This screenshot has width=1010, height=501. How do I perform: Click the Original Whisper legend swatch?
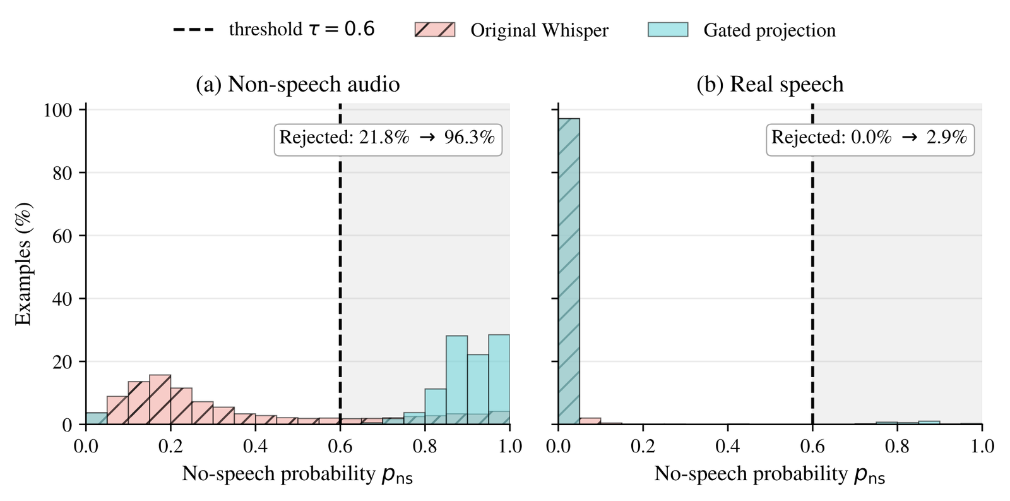point(435,30)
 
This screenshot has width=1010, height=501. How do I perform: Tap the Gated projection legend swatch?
point(668,30)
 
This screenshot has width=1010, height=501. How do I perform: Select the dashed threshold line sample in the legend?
point(193,30)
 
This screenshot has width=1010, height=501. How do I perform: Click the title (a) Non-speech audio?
point(297,84)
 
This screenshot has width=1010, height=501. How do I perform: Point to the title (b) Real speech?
point(769,84)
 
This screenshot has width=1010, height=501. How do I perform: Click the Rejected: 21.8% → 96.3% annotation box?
point(388,140)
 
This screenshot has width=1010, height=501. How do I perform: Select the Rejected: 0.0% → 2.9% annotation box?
point(870,140)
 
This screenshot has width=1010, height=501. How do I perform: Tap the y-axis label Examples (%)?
point(23,264)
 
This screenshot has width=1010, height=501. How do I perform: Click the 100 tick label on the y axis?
point(57,110)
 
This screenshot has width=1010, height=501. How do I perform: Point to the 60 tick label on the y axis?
point(62,236)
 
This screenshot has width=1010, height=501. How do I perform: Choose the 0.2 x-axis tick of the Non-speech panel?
point(170,446)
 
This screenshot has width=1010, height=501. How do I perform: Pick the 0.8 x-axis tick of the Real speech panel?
point(897,446)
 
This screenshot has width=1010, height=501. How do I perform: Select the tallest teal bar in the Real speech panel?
point(569,271)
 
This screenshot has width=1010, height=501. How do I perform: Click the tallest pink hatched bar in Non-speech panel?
point(160,399)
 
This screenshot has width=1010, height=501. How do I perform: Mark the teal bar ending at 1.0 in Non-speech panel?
point(499,380)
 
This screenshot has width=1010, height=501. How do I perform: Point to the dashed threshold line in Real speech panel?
point(812,264)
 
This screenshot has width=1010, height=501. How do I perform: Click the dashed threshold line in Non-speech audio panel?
point(340,264)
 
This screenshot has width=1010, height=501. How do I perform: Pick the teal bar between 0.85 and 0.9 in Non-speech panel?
point(457,380)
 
